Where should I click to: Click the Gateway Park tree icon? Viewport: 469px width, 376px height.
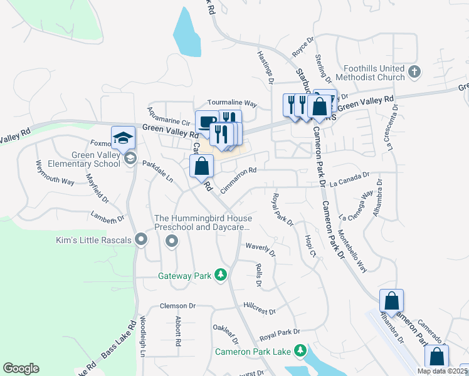pos(220,275)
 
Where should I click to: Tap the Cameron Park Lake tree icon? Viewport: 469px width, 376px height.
pos(301,350)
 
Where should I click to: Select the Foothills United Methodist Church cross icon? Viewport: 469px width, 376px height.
pos(414,72)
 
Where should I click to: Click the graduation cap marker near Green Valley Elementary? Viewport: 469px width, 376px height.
pos(124,138)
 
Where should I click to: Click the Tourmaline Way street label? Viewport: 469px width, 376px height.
pos(233,103)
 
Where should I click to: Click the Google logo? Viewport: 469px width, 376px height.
pos(21,368)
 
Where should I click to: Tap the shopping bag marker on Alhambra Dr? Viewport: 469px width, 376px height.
pos(391,301)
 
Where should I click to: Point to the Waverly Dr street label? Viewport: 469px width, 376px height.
pos(261,249)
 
